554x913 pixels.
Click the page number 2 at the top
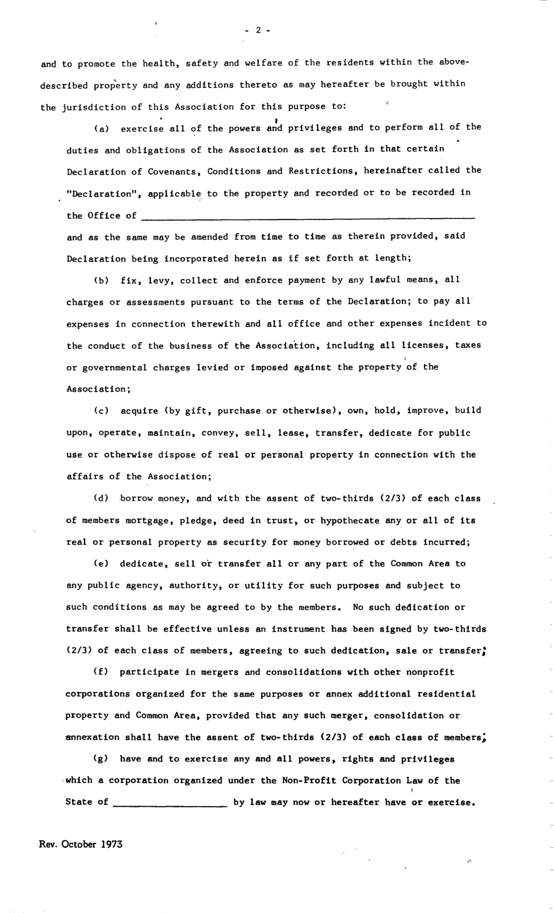tap(258, 30)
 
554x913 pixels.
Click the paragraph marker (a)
tap(103, 128)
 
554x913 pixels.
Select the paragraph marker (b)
tap(103, 280)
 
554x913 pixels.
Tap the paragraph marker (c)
tap(103, 411)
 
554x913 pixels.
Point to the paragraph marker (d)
tap(103, 499)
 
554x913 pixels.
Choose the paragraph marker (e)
tap(103, 564)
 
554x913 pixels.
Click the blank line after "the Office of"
tap(308, 217)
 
